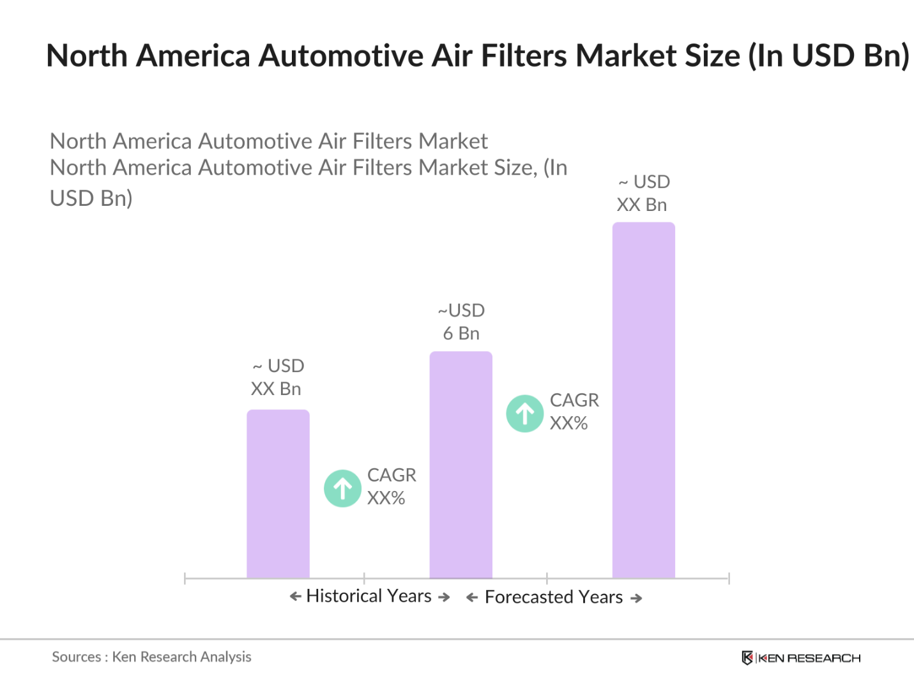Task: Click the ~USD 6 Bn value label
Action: pyautogui.click(x=461, y=322)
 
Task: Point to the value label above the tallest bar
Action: pyautogui.click(x=643, y=193)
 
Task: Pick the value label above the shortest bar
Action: pyautogui.click(x=277, y=377)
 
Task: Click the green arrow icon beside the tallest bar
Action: pyautogui.click(x=524, y=414)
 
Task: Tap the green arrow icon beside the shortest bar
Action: pyautogui.click(x=342, y=488)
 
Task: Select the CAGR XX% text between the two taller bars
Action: pyautogui.click(x=574, y=411)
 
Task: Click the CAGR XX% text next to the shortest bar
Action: pyautogui.click(x=391, y=487)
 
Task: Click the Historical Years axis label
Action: pyautogui.click(x=369, y=596)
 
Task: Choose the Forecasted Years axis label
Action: pyautogui.click(x=553, y=597)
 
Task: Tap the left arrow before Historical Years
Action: pyautogui.click(x=295, y=596)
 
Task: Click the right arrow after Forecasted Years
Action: pyautogui.click(x=636, y=598)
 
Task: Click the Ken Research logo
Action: pyautogui.click(x=801, y=658)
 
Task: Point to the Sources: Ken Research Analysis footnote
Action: pyautogui.click(x=151, y=657)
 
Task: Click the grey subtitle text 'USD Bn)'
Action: pyautogui.click(x=91, y=198)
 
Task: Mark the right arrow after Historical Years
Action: pyautogui.click(x=444, y=597)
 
